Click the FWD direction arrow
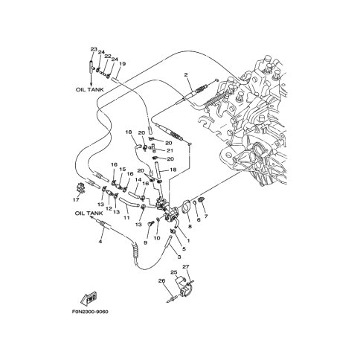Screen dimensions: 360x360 coord(89,298)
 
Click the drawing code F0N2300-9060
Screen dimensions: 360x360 coord(90,312)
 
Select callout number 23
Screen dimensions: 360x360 coord(94,49)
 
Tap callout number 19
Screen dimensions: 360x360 coord(122,64)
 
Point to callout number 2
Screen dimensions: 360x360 coord(186,74)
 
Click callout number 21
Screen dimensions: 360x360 coord(170,150)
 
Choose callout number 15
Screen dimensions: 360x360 coord(123,169)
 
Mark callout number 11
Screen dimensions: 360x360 coord(126,218)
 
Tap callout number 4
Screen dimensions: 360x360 coord(100,241)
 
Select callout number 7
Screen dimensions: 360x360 coord(206,216)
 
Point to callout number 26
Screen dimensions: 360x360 coord(161,281)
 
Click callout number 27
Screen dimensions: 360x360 coord(186,267)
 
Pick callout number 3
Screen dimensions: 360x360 coord(179,257)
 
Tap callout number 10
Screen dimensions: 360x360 coord(157,238)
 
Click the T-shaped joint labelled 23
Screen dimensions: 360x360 coord(91,66)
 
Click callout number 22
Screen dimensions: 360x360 coord(107,57)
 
